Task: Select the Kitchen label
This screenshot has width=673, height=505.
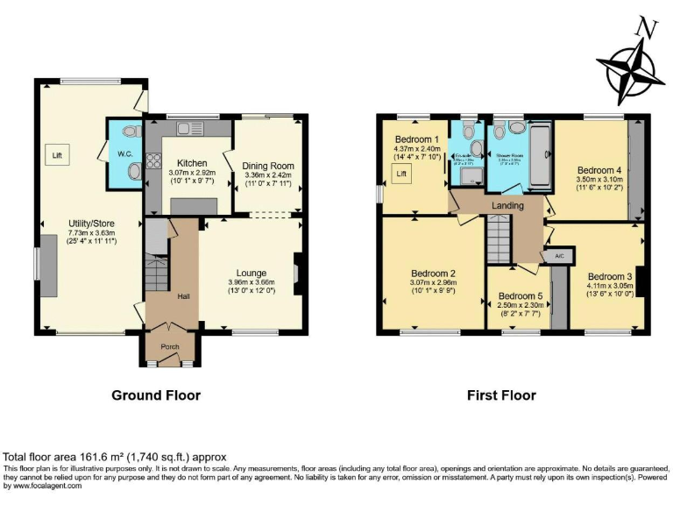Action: point(192,164)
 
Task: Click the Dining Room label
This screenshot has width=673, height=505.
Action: point(270,166)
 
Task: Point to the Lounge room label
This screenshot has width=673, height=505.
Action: point(251,273)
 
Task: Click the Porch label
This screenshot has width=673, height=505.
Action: point(170,346)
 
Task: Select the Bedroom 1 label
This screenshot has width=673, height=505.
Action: point(416,140)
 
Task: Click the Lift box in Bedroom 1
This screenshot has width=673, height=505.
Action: point(402,174)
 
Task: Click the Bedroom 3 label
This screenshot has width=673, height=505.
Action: point(609,275)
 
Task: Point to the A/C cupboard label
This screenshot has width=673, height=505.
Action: point(558,256)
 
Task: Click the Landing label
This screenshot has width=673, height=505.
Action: point(507,206)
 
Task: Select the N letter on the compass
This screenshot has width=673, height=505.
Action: point(647,28)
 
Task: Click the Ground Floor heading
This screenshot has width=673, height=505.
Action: point(156,395)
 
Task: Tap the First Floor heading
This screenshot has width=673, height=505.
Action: point(500,395)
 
